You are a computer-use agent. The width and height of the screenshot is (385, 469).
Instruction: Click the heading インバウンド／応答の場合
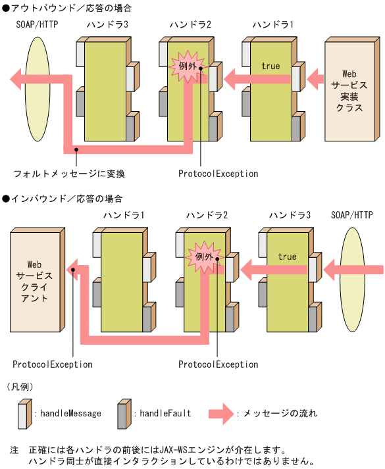66,198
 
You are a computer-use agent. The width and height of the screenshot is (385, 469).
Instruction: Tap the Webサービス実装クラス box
348,91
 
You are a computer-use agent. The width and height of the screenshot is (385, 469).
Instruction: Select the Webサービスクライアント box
34,280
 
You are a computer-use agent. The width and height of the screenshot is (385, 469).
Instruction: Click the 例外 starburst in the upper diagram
187,66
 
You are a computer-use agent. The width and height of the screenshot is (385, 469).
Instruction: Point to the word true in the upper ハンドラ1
270,66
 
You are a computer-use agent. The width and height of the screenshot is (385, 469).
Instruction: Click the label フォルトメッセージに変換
69,174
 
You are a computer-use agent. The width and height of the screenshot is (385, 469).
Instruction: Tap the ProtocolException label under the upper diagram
218,174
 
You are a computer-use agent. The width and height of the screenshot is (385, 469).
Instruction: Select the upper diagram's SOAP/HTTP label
37,25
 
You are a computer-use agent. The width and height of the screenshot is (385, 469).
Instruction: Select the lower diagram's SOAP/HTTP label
351,215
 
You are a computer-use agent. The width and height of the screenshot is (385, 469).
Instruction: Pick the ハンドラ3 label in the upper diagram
107,25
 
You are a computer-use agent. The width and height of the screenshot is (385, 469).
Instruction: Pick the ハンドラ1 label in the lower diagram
124,215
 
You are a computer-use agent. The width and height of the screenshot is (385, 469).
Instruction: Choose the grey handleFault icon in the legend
122,414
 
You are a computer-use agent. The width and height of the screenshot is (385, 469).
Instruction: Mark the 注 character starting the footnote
14,451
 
